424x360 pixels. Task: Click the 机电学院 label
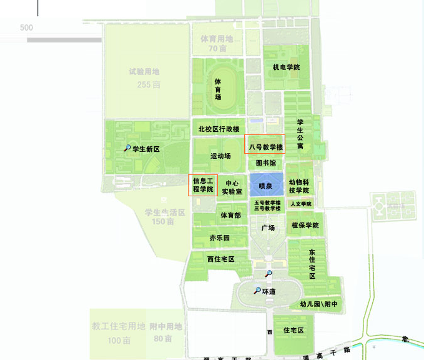pyautogui.click(x=286, y=67)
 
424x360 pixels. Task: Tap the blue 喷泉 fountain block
pyautogui.click(x=267, y=186)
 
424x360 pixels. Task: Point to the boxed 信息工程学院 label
pyautogui.click(x=203, y=184)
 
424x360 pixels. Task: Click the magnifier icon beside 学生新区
pyautogui.click(x=127, y=149)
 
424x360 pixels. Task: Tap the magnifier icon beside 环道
pyautogui.click(x=257, y=291)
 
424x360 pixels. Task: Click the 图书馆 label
pyautogui.click(x=266, y=162)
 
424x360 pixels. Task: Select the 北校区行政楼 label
pyautogui.click(x=218, y=129)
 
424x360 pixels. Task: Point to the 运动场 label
pyautogui.click(x=220, y=156)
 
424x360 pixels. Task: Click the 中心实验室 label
pyautogui.click(x=232, y=187)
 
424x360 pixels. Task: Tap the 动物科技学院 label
pyautogui.click(x=299, y=186)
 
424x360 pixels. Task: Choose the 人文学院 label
pyautogui.click(x=301, y=204)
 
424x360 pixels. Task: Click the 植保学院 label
pyautogui.click(x=305, y=225)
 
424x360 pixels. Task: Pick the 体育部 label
pyautogui.click(x=230, y=216)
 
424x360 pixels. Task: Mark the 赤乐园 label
pyautogui.click(x=220, y=238)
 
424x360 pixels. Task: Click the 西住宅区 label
pyautogui.click(x=220, y=259)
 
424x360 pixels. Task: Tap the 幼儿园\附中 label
pyautogui.click(x=318, y=304)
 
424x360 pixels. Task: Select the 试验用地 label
pyautogui.click(x=144, y=72)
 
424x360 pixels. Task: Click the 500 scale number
pyautogui.click(x=26, y=27)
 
